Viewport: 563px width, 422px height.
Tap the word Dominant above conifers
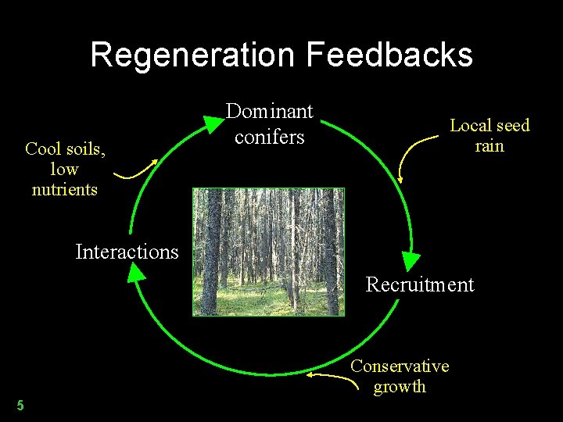pyautogui.click(x=269, y=112)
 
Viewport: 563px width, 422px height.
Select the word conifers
pyautogui.click(x=269, y=137)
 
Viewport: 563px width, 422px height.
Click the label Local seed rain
pyautogui.click(x=489, y=135)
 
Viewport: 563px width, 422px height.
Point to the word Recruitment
pyautogui.click(x=420, y=284)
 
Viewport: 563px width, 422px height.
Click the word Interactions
pyautogui.click(x=127, y=252)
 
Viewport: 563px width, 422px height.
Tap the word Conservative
pyautogui.click(x=400, y=366)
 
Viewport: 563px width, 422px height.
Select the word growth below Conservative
pyautogui.click(x=400, y=386)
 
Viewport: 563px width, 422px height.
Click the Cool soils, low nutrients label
pyautogui.click(x=64, y=168)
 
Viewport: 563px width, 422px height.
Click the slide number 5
pyautogui.click(x=20, y=405)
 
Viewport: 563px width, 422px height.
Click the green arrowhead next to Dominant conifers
pyautogui.click(x=212, y=123)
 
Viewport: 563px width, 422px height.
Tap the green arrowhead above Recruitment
pyautogui.click(x=411, y=261)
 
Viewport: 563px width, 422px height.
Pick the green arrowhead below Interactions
pyautogui.click(x=136, y=272)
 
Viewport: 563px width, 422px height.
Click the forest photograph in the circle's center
pyautogui.click(x=268, y=251)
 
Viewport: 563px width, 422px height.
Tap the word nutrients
pyautogui.click(x=64, y=189)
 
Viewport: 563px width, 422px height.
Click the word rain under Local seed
pyautogui.click(x=489, y=145)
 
